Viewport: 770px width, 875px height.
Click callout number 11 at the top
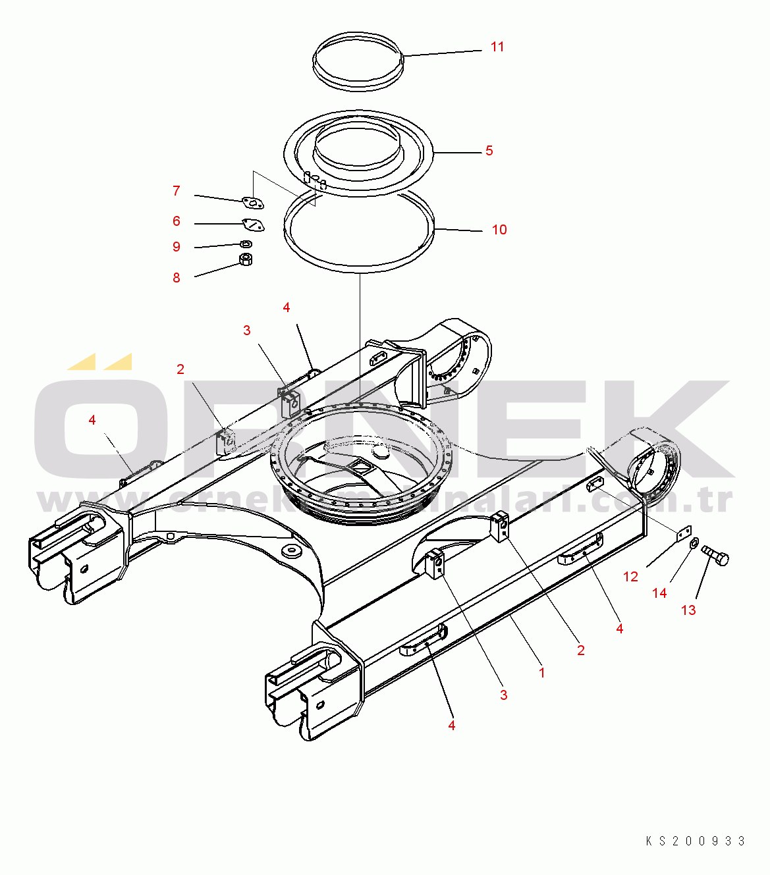[497, 47]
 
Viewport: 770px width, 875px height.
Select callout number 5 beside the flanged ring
[489, 151]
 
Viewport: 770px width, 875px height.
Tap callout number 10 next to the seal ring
[499, 230]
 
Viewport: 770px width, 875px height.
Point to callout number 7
[176, 191]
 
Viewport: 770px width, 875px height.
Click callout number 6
[176, 221]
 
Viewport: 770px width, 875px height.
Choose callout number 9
[176, 247]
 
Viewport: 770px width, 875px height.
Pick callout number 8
[176, 278]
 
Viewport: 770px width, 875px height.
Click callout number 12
[630, 577]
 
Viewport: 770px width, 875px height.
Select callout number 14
[659, 593]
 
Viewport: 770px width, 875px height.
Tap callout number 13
[688, 610]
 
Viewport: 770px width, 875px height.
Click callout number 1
[541, 673]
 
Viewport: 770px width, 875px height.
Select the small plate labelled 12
[684, 533]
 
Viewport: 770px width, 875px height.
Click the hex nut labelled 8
[246, 259]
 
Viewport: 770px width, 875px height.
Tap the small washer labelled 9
[246, 244]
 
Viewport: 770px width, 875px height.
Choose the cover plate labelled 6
[254, 225]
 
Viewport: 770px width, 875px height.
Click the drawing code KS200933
[695, 841]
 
